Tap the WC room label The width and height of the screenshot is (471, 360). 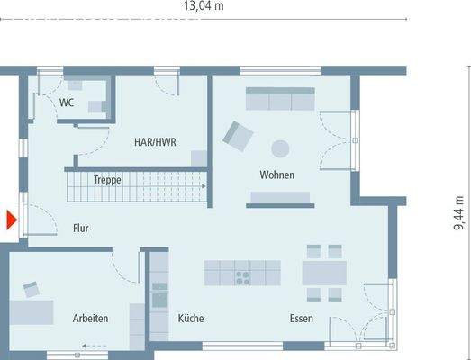[67, 103]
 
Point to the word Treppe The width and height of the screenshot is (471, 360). [107, 180]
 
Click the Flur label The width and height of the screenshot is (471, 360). [81, 229]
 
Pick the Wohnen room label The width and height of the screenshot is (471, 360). [276, 175]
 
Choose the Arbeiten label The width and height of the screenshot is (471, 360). [91, 319]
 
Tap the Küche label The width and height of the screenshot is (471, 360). [190, 319]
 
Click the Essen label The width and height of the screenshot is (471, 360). [301, 319]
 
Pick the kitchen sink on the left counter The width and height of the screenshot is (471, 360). [159, 294]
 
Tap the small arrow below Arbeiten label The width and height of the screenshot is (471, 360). [90, 345]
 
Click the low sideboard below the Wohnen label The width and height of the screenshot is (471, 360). [280, 198]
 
